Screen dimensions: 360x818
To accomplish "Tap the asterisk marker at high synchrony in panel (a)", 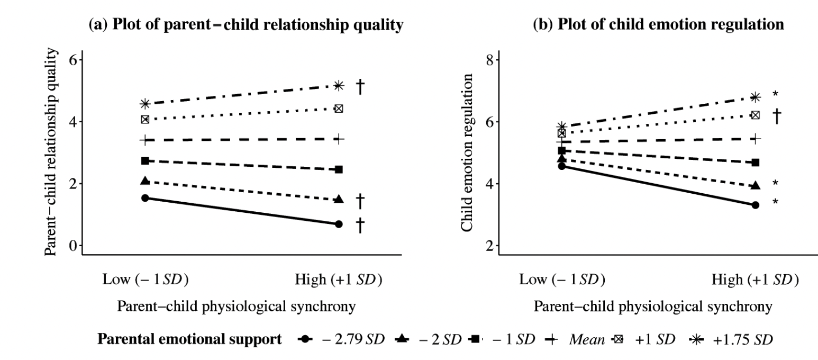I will coord(339,86).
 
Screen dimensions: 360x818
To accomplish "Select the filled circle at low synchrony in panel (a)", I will coord(145,198).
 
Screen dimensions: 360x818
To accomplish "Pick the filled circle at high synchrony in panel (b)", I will coord(755,205).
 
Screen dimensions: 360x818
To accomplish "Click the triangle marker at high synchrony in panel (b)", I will coord(755,185).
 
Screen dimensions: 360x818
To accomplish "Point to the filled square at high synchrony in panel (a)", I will coord(339,169).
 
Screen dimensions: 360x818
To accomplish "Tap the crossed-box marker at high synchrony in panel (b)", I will coord(755,115).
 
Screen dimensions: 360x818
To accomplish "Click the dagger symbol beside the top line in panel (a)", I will coord(360,86).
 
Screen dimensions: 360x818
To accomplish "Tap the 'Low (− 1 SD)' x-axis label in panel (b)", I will coord(562,280).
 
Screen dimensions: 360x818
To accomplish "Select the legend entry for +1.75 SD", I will coord(733,339).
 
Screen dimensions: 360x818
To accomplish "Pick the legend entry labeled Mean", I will coord(572,339).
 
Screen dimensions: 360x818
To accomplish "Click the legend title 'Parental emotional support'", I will coord(189,339).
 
